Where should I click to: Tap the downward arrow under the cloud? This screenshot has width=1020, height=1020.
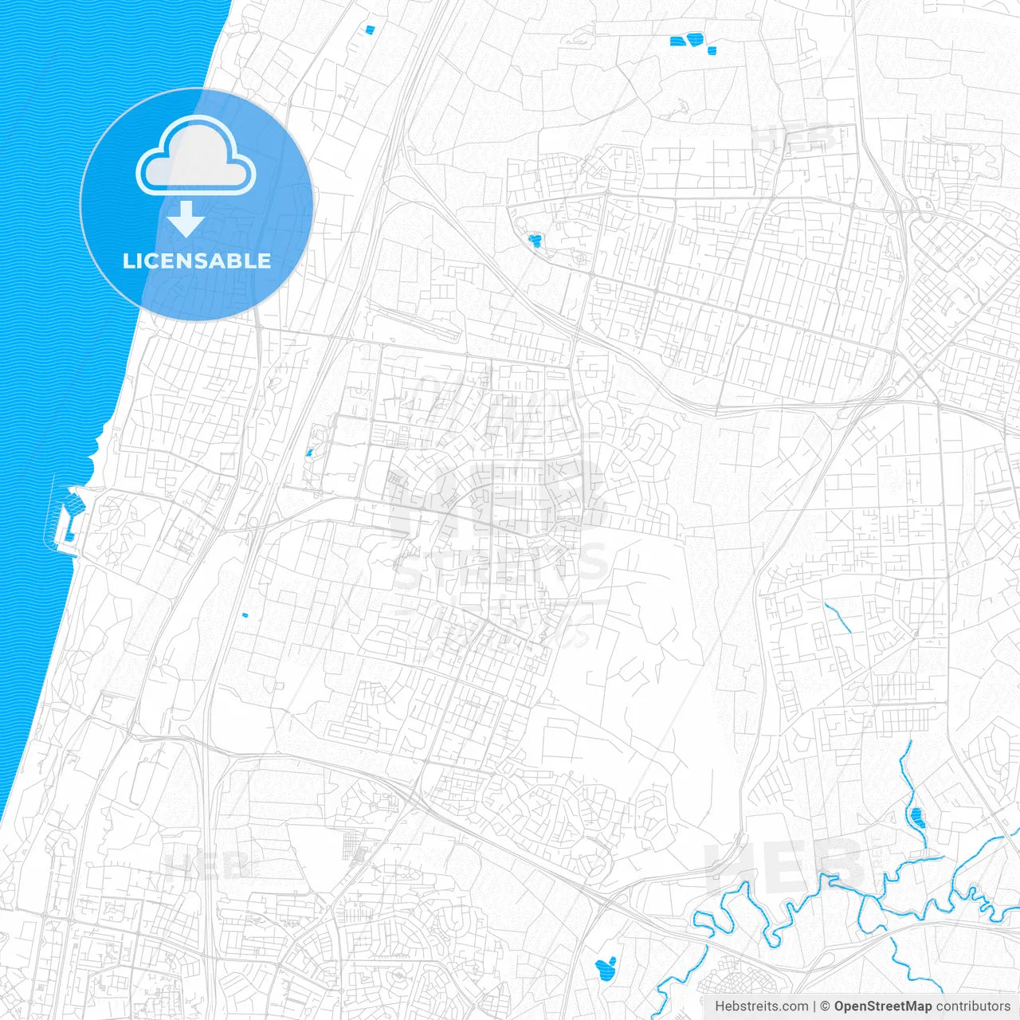point(186,219)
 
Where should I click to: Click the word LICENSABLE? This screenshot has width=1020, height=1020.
point(197,261)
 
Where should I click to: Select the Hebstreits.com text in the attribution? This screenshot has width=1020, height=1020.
point(761,1006)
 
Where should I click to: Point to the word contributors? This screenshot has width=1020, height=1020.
point(972,1006)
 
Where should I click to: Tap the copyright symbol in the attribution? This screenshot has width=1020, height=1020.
point(826,1006)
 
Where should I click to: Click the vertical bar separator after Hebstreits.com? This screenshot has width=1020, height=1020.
point(814,1006)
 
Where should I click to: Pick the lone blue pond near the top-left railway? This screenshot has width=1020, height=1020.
point(368,30)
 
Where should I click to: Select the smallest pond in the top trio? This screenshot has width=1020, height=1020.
point(712,51)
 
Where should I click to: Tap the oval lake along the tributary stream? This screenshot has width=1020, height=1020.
point(916,816)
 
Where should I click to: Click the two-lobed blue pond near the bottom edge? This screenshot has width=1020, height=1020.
point(606,967)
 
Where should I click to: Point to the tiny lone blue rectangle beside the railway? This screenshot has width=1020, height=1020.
point(245,614)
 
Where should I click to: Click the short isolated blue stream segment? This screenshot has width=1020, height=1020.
point(838,618)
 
